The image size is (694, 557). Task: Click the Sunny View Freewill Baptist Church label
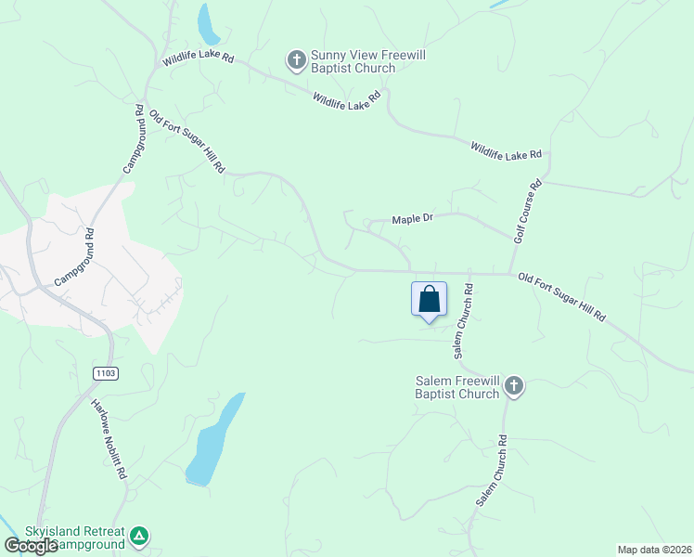(353, 61)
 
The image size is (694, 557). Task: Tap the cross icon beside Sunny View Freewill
(296, 61)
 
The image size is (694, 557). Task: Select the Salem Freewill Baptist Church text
(457, 387)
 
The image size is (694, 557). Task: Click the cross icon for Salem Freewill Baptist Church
(514, 386)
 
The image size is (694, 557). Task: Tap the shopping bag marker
(429, 300)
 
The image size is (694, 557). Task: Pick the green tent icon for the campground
(138, 536)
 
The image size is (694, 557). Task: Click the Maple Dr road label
(413, 219)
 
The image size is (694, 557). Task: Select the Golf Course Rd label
(527, 213)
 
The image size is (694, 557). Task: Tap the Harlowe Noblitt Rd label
(109, 439)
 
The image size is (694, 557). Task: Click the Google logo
(31, 546)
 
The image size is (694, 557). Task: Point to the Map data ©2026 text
(653, 550)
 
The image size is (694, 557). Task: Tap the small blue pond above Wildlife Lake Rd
(208, 23)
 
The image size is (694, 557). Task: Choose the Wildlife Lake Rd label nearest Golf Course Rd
(506, 150)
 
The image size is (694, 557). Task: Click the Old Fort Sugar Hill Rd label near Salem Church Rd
(562, 297)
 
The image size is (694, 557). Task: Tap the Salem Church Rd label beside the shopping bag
(463, 321)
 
